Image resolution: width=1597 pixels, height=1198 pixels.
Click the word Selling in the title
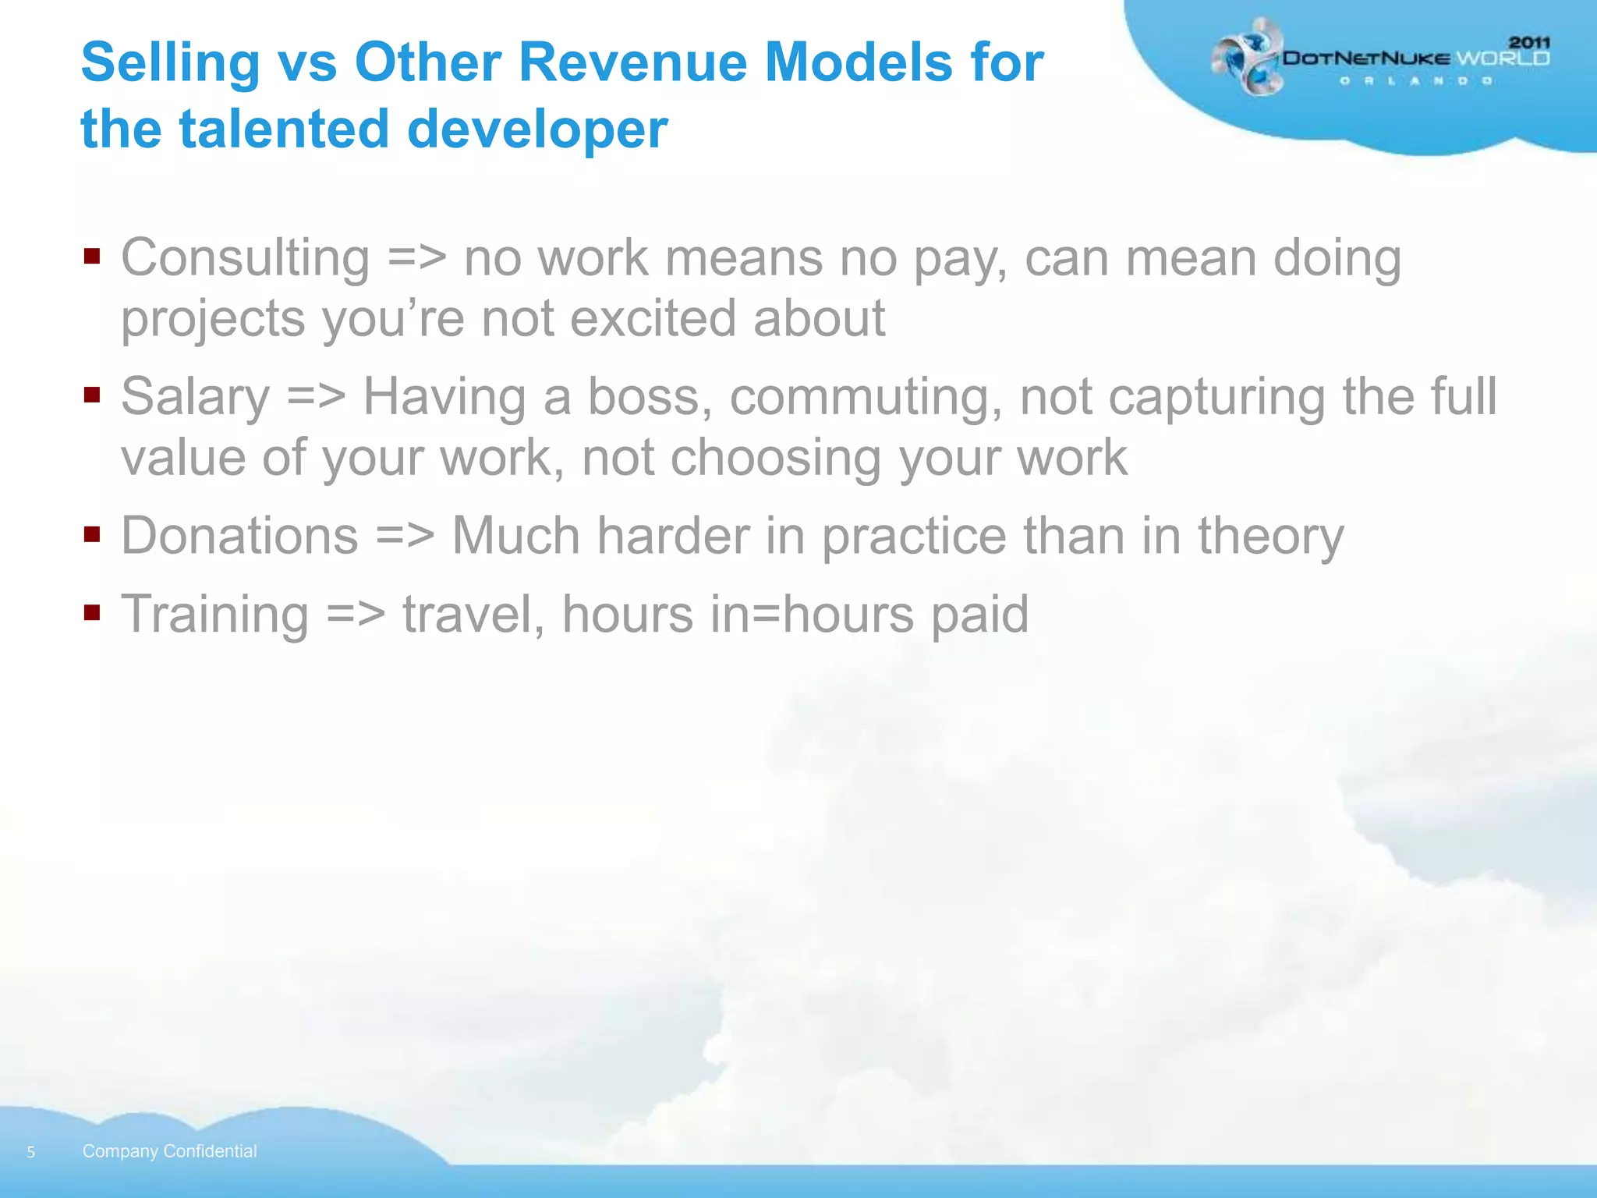pos(170,62)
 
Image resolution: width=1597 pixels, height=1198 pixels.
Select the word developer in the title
pos(537,129)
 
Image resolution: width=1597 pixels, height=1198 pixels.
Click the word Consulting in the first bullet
pos(245,257)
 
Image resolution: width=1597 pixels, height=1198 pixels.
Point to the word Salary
pos(195,396)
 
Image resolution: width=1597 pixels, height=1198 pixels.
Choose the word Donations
pos(239,536)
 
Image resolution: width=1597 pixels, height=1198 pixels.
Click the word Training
pos(214,614)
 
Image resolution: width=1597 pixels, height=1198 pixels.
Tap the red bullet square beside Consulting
pos(92,257)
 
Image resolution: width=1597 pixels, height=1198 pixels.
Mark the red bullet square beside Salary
pos(92,395)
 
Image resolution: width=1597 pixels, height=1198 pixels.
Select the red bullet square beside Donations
pos(92,535)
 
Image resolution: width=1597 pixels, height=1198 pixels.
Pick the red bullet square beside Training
pos(92,612)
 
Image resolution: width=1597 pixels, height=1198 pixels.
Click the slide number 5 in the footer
pos(31,1152)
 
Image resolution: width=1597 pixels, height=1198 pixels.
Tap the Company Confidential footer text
pos(169,1151)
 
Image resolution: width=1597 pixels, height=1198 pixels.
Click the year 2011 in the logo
pos(1529,42)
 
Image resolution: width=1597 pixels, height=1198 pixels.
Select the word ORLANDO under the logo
pos(1415,81)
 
